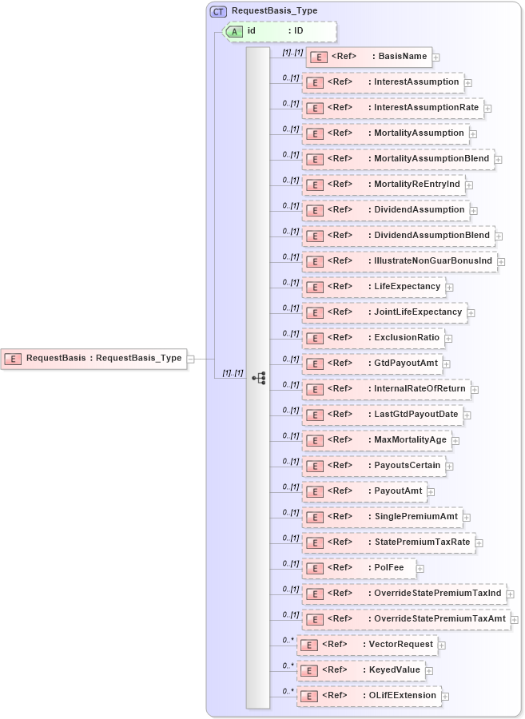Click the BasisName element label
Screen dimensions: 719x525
pos(404,57)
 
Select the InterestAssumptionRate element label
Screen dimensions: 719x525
pos(427,107)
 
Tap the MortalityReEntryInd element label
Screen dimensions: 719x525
pos(417,184)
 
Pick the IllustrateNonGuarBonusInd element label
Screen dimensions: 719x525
pos(435,260)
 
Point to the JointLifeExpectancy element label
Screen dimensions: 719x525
pos(418,312)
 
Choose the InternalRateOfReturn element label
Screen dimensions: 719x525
pos(420,388)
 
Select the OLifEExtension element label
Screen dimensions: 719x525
pos(402,695)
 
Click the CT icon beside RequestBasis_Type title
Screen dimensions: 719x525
pos(218,11)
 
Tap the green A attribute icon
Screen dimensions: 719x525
pos(235,31)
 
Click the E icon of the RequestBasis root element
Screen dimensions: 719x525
pos(13,359)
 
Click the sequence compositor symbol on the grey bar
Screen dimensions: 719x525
pos(258,378)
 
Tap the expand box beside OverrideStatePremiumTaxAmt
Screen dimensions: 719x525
pos(515,619)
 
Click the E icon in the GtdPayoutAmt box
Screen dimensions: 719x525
pos(315,363)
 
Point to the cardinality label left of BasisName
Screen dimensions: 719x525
pos(292,52)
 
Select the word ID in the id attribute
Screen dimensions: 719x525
pos(299,31)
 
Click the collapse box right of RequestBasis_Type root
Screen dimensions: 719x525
pos(191,359)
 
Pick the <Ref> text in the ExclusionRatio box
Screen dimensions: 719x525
pos(340,337)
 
